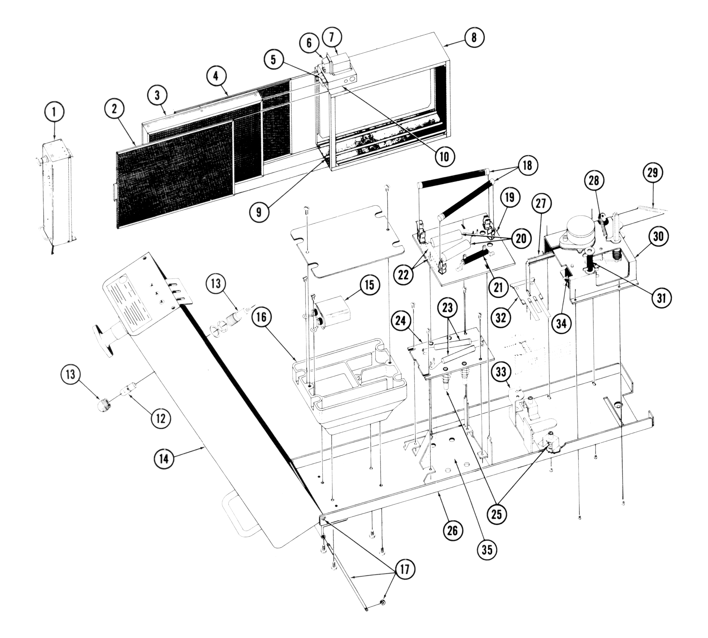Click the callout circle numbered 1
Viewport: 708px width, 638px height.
54,113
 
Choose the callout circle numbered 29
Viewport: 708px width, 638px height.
652,173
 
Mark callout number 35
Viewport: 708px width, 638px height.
487,550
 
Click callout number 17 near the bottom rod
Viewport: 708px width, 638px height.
405,570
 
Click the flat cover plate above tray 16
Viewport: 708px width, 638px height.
347,239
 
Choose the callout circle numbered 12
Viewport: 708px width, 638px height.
160,418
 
